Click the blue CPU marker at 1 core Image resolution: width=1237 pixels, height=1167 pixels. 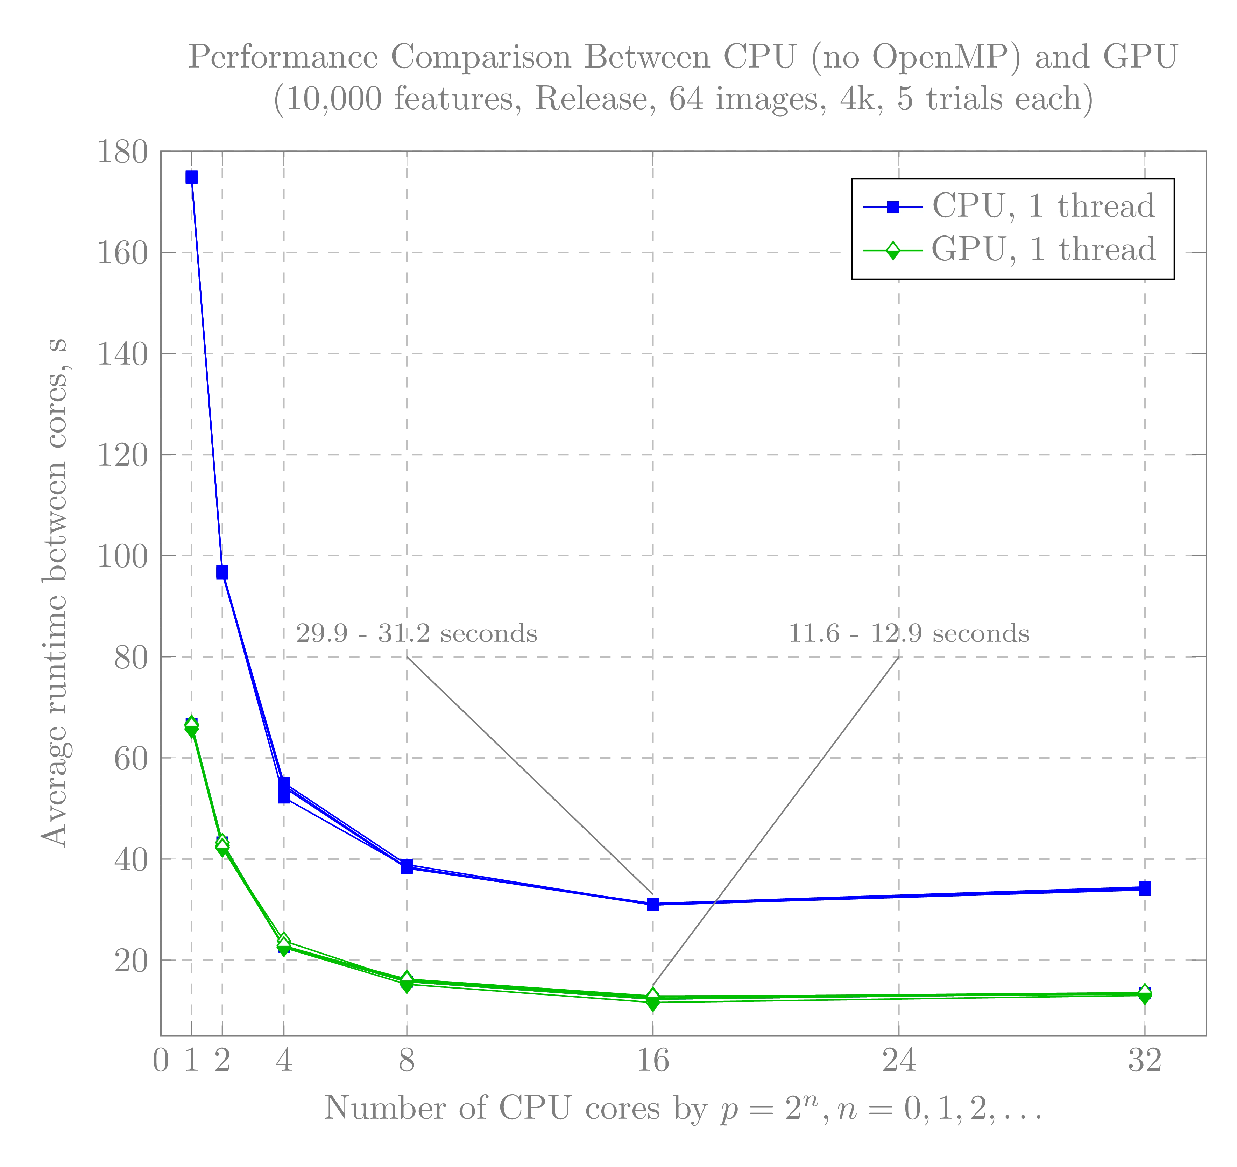click(192, 178)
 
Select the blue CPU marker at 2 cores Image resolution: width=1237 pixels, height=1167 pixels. click(222, 572)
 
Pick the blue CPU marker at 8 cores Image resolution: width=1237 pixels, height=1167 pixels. click(407, 867)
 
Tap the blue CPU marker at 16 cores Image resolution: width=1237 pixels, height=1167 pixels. click(653, 904)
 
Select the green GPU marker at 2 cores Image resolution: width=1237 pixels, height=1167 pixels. click(222, 845)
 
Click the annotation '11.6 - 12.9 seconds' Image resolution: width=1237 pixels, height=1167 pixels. click(909, 634)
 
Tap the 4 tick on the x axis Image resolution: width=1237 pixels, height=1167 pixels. click(284, 1060)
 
